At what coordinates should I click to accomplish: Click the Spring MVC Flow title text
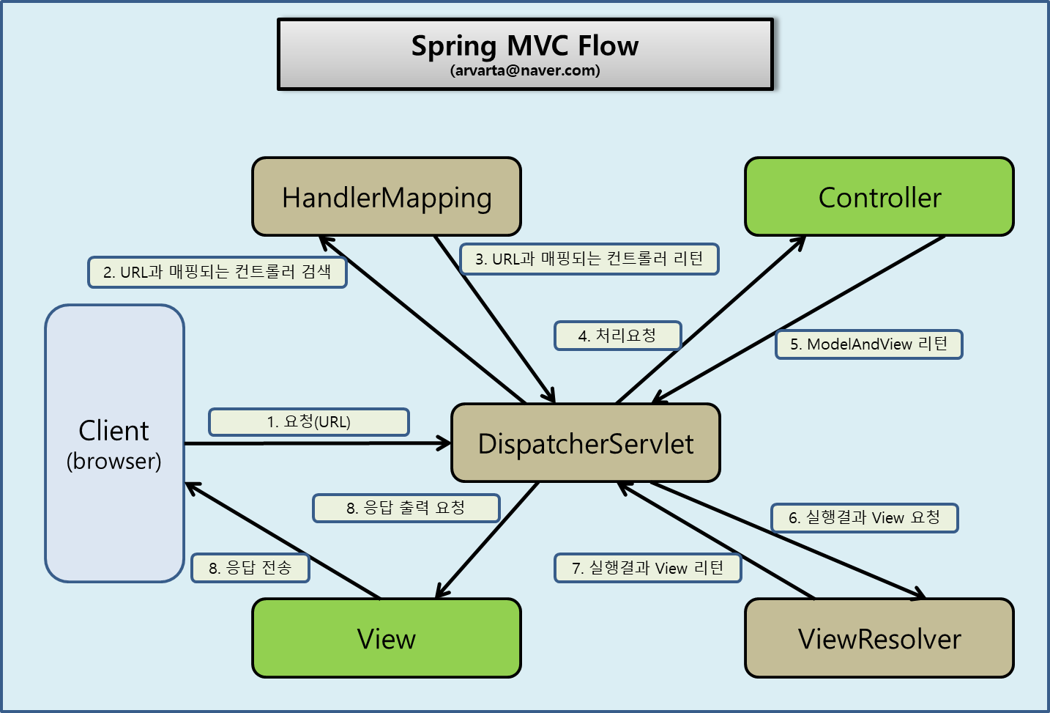524,46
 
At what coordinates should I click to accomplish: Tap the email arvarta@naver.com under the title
525,70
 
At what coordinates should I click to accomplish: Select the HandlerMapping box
387,196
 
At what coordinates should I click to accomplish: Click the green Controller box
879,196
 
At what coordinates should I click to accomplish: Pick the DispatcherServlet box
586,443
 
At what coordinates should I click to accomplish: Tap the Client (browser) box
114,443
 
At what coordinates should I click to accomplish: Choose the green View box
387,638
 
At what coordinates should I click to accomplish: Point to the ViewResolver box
879,638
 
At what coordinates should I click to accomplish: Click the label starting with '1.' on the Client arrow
309,422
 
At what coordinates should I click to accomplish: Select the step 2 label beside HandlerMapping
217,272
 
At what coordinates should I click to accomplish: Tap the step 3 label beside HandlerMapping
589,259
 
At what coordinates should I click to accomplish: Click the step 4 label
617,336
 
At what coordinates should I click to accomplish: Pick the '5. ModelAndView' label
868,344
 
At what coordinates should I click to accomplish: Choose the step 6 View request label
864,518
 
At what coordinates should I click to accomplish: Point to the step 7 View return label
647,568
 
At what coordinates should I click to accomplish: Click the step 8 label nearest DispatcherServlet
406,508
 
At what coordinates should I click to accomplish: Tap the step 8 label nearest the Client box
250,568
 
